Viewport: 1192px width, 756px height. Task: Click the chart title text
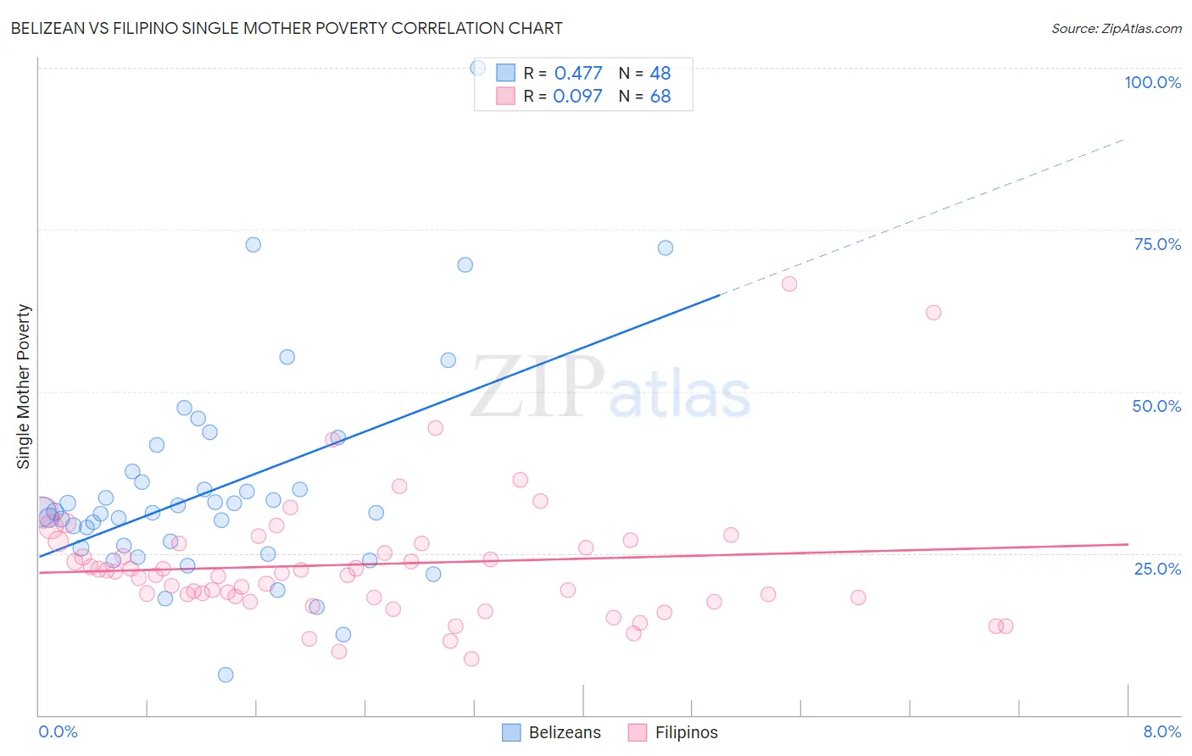pyautogui.click(x=287, y=28)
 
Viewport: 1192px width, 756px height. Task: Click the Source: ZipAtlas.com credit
pyautogui.click(x=1116, y=28)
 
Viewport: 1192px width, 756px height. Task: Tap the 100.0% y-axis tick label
pyautogui.click(x=1152, y=82)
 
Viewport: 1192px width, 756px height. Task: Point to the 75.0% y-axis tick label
pyautogui.click(x=1157, y=244)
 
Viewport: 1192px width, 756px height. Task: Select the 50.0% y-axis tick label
pyautogui.click(x=1156, y=406)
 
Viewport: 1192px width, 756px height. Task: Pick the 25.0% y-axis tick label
pyautogui.click(x=1157, y=569)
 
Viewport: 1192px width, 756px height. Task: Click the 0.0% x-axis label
pyautogui.click(x=58, y=731)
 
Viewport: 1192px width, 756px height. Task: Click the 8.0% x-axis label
pyautogui.click(x=1161, y=731)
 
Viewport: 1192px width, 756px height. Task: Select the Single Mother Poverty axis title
pyautogui.click(x=24, y=386)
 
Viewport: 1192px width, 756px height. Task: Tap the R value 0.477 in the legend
pyautogui.click(x=577, y=73)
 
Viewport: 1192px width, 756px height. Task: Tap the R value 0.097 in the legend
pyautogui.click(x=577, y=96)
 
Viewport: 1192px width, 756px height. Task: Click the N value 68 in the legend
pyautogui.click(x=660, y=96)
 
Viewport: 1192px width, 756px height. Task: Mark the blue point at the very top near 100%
pyautogui.click(x=478, y=68)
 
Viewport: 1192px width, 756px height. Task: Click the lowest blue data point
pyautogui.click(x=226, y=675)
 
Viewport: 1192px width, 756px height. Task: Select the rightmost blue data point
pyautogui.click(x=666, y=247)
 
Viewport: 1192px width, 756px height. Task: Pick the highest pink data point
pyautogui.click(x=789, y=284)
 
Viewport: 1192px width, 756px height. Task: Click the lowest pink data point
pyautogui.click(x=471, y=659)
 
